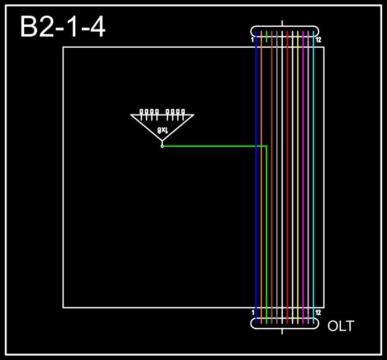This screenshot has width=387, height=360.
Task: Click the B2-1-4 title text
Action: pos(62,27)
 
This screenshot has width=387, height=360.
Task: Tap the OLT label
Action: pos(341,326)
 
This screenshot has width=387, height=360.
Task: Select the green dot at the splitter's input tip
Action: pos(162,146)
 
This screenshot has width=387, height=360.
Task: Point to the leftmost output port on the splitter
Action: pos(141,112)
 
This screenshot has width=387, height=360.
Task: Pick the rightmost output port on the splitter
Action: pos(183,112)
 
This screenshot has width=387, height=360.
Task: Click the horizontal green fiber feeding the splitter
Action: pos(215,146)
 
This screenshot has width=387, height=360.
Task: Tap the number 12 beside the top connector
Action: pos(318,40)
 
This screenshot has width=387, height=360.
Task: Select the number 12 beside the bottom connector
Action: pos(318,312)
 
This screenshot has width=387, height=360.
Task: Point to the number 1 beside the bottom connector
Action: pos(253,312)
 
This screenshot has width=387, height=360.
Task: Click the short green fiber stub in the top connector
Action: pos(267,37)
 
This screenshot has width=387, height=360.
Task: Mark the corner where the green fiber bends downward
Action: pos(267,146)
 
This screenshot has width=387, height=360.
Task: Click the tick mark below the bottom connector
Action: pos(282,331)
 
